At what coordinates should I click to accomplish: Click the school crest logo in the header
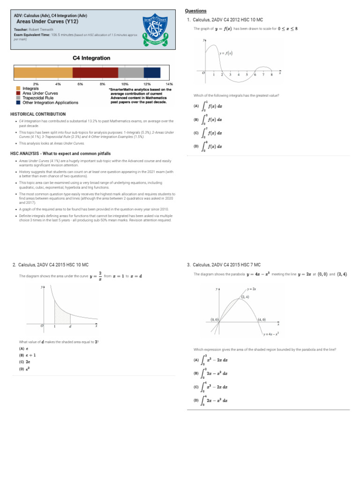pos(156,30)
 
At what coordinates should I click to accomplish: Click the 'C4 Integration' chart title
pos(91,58)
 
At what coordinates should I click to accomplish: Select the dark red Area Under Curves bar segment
pos(95,73)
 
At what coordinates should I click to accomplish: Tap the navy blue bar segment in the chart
pos(152,73)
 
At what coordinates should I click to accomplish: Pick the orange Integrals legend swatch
pos(18,89)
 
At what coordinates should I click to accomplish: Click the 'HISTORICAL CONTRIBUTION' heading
pos(38,114)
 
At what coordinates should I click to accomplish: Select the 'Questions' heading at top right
pos(195,11)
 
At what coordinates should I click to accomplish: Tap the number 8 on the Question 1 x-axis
pos(271,75)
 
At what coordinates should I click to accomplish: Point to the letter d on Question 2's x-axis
pos(70,326)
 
